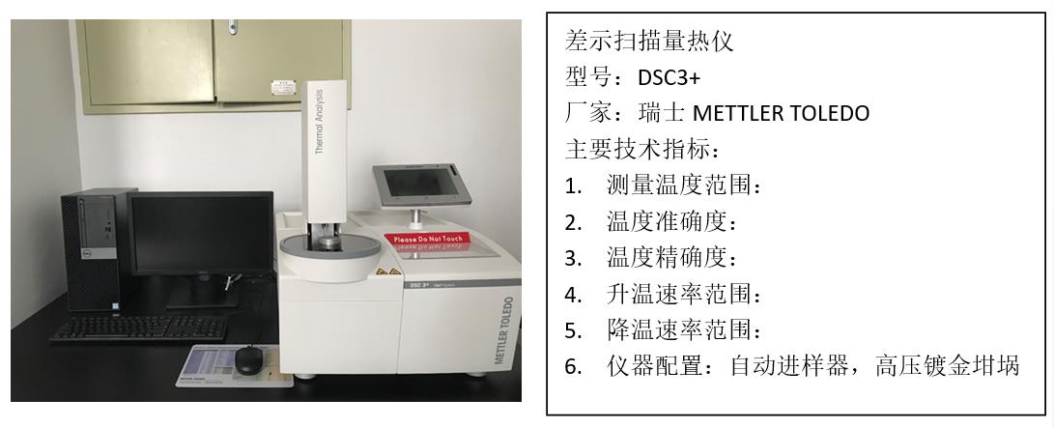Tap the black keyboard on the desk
(x=139, y=328)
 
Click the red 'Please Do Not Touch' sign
(x=428, y=238)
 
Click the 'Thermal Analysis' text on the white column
(x=320, y=122)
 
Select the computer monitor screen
(x=201, y=233)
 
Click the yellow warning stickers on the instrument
(x=387, y=271)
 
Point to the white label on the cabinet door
(x=284, y=87)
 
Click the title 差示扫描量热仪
(x=648, y=42)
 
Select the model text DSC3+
(x=669, y=78)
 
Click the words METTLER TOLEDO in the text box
(x=781, y=113)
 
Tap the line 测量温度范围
(x=685, y=185)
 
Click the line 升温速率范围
(x=685, y=294)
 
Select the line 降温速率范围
(x=685, y=329)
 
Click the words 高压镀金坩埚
(x=947, y=366)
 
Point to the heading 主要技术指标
(x=642, y=149)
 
